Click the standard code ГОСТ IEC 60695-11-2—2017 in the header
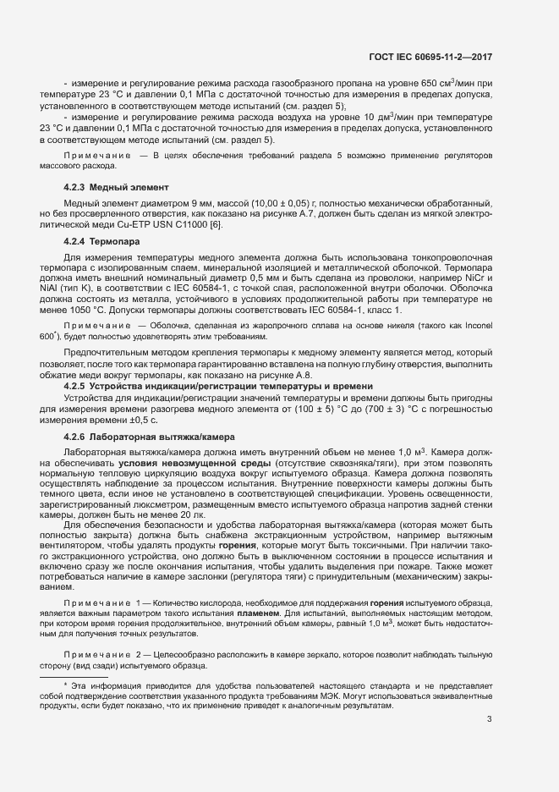click(x=430, y=58)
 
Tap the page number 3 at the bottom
click(x=490, y=720)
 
